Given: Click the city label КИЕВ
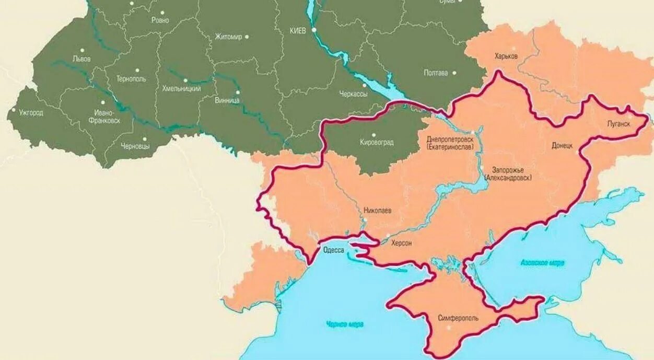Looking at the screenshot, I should pos(298,31).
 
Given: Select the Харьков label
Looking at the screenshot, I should pos(506,56).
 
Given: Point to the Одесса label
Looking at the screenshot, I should pos(333,250).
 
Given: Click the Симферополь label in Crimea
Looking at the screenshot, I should pos(458,318).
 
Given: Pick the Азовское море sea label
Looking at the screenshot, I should pos(542,263).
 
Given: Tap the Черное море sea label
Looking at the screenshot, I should pos(345,324).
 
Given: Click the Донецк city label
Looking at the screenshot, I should pos(563,145).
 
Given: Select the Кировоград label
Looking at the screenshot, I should pos(377,142).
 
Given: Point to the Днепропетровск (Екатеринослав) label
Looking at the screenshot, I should pos(450,143).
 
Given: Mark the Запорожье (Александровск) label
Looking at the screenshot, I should pos(508,174).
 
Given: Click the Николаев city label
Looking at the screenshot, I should pos(377,210).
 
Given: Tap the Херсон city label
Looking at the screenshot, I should pos(401,243).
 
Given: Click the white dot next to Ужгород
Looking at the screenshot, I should pos(14,110).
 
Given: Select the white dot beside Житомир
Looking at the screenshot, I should pos(247,37).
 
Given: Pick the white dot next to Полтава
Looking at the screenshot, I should pos(454,73).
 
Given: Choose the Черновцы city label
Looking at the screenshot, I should pos(135,146).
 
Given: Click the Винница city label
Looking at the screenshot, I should pos(227,99).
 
